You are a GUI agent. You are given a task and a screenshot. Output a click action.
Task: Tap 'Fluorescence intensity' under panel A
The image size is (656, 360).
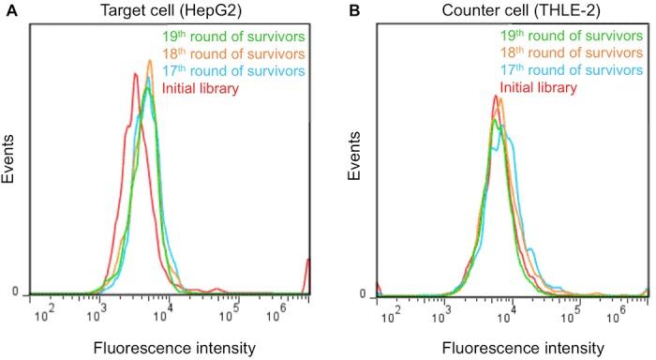[x=173, y=348]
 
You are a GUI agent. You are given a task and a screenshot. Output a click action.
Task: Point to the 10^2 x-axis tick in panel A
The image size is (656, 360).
[x=42, y=313]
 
